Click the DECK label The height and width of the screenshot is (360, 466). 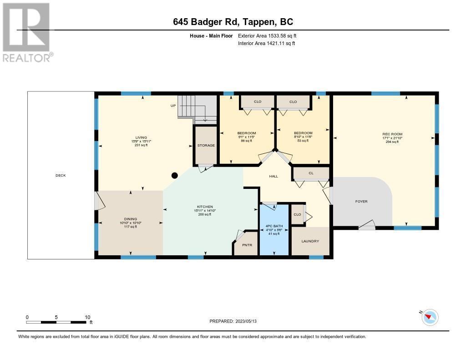pyautogui.click(x=61, y=175)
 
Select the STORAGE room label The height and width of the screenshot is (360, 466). pyautogui.click(x=206, y=145)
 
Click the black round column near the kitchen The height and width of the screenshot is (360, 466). pyautogui.click(x=174, y=175)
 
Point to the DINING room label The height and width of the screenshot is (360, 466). pyautogui.click(x=131, y=219)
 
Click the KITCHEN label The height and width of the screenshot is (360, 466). pyautogui.click(x=205, y=207)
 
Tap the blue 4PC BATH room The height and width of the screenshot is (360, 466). pyautogui.click(x=274, y=230)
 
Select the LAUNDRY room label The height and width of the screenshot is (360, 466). pyautogui.click(x=310, y=241)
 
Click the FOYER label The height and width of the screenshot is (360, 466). pyautogui.click(x=361, y=201)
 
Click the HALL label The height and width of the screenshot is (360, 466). pyautogui.click(x=273, y=176)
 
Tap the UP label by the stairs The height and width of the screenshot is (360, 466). pyautogui.click(x=173, y=106)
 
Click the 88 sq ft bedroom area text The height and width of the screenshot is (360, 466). pyautogui.click(x=246, y=141)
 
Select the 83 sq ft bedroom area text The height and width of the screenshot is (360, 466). pyautogui.click(x=303, y=141)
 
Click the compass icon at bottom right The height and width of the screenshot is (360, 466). pyautogui.click(x=429, y=317)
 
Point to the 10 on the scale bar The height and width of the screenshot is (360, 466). pyautogui.click(x=87, y=317)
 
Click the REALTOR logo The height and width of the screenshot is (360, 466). pyautogui.click(x=27, y=32)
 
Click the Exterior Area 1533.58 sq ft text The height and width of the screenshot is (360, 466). pyautogui.click(x=267, y=35)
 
